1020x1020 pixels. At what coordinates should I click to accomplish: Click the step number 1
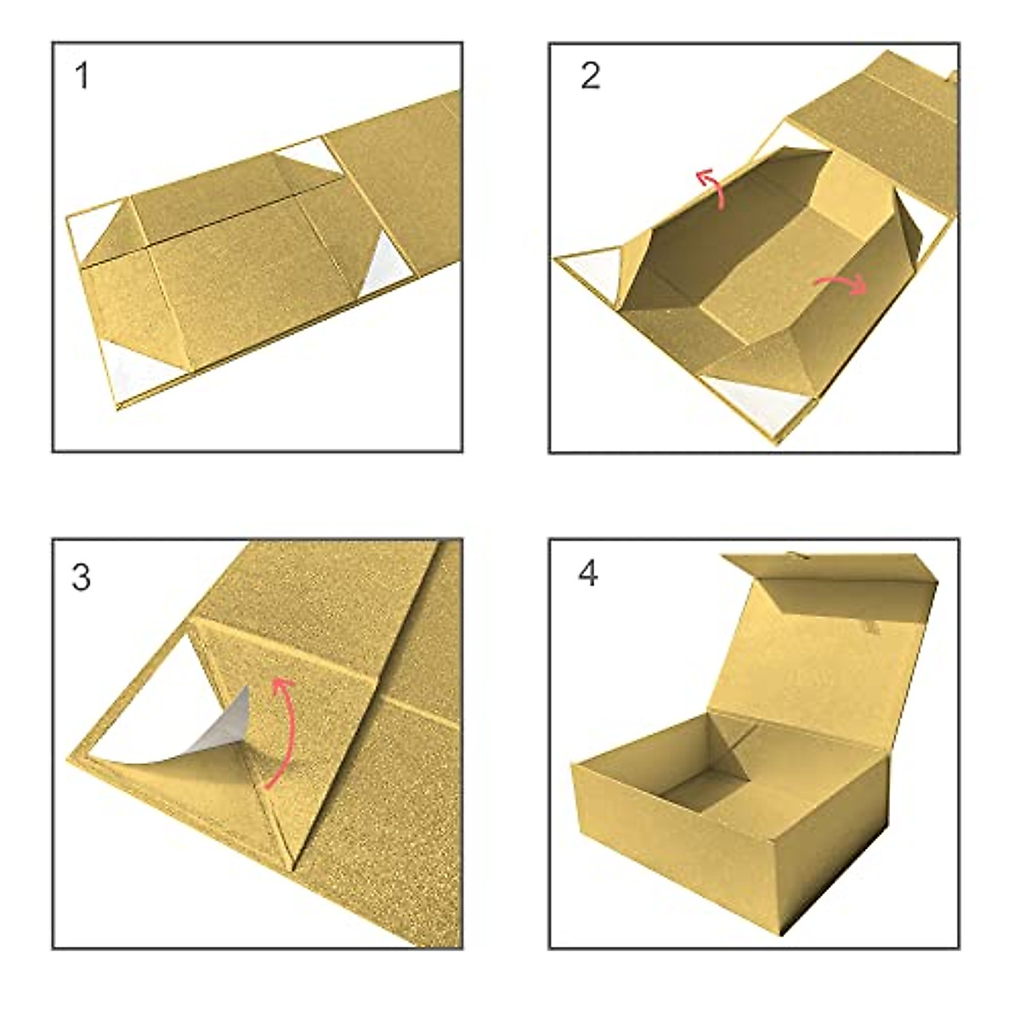82,77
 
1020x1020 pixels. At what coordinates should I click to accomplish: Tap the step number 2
591,77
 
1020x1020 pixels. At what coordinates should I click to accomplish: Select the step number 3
82,578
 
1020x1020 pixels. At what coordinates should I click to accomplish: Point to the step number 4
588,574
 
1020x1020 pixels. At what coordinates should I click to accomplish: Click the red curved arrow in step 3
283,731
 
